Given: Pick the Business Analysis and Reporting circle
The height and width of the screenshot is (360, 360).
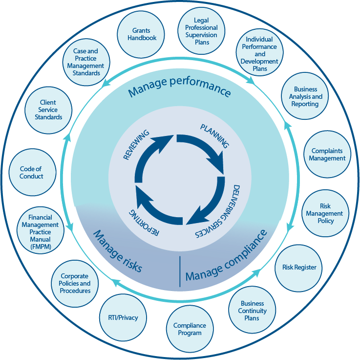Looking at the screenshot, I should coord(305,96).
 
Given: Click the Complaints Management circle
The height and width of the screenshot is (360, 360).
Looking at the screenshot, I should coord(328,155).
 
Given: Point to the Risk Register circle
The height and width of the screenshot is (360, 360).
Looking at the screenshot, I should coord(299,268).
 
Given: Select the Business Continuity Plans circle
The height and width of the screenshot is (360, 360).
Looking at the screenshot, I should coord(252,311).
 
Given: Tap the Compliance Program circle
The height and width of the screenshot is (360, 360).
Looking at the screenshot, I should coord(190,329).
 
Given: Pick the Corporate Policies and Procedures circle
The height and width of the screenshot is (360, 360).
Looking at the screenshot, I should coord(75,284).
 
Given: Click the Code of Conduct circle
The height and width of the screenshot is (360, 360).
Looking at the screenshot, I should coord(31,173).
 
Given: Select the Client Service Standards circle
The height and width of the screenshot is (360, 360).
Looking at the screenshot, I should coord(48,110).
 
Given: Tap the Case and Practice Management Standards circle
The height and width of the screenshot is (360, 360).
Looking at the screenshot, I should coord(86,62).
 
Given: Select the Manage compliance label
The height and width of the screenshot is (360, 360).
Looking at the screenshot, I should coord(227,257).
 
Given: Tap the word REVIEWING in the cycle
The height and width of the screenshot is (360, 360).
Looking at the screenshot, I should coord(137,145).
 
